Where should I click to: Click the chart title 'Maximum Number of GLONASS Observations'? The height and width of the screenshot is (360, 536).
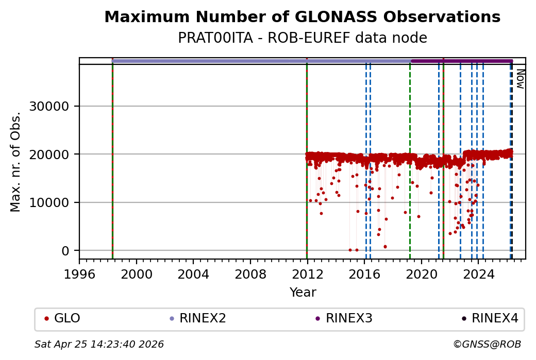coord(302,17)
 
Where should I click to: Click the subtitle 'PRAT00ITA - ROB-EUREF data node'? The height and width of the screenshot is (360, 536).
coord(302,38)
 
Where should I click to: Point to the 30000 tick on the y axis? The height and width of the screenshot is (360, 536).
coord(57,106)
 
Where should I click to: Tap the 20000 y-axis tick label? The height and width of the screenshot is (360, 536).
coord(57,155)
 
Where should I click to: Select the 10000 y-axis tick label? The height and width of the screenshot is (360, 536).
coord(57,202)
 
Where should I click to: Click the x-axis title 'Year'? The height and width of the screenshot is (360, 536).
coord(303,293)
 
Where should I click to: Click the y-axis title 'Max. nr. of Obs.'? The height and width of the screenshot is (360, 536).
coord(16,161)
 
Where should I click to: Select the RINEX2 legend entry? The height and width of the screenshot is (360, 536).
coord(197,318)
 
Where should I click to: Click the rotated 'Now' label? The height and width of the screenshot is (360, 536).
coord(520,79)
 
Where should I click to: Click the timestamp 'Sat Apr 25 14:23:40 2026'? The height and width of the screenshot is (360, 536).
coord(99,344)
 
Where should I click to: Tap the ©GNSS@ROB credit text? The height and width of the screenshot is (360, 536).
coord(487,344)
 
